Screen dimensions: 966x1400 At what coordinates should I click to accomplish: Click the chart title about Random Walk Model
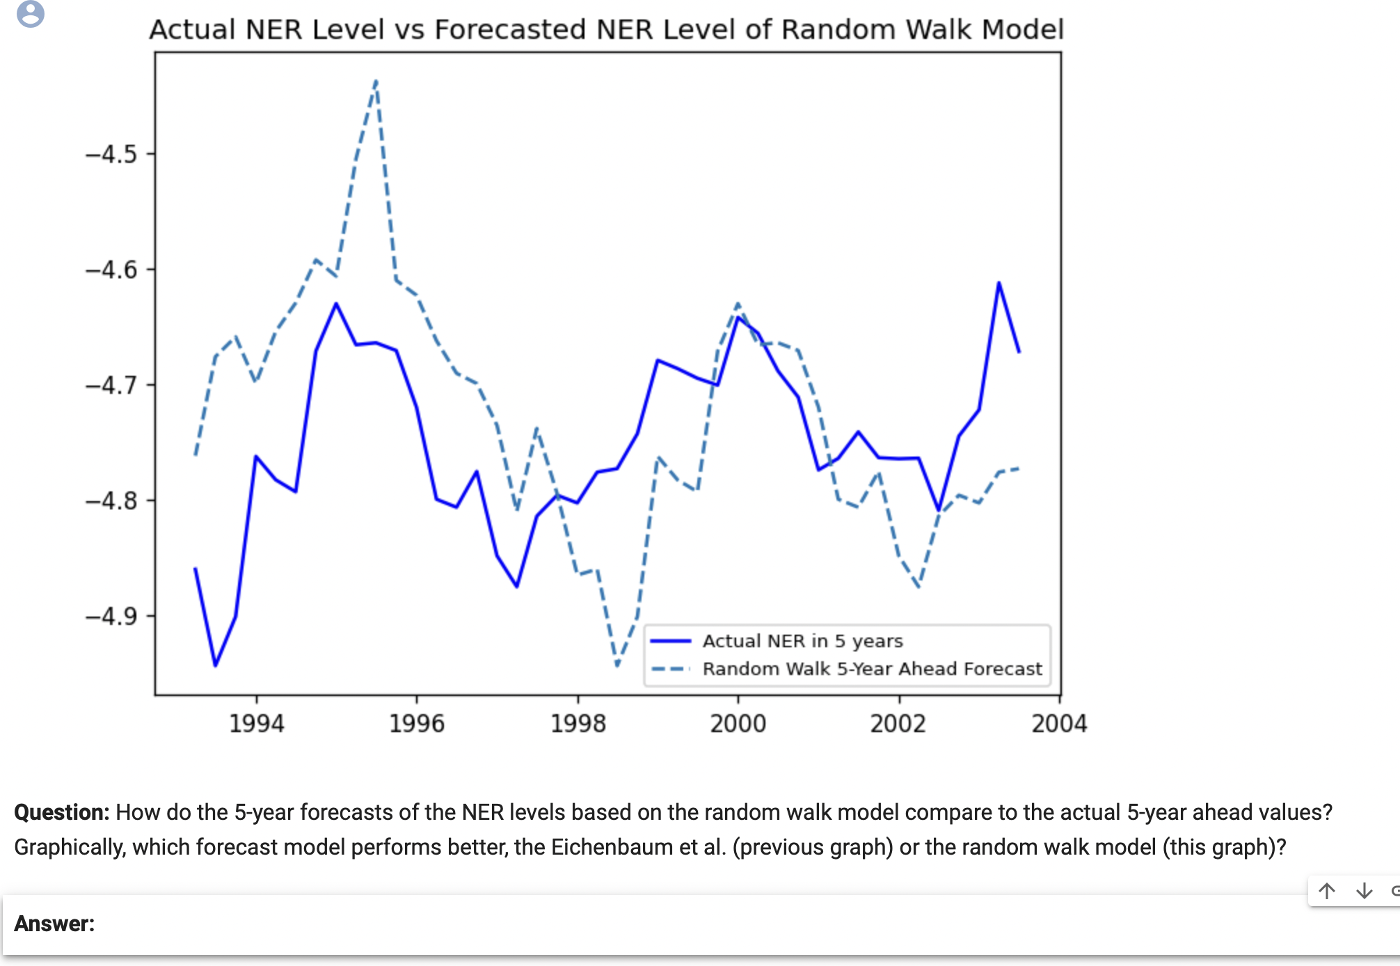point(606,30)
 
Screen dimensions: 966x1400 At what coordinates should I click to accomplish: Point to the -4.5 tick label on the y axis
point(111,155)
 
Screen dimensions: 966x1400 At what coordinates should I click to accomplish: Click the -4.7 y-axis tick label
point(111,386)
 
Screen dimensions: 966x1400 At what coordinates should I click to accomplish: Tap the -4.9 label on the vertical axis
point(111,617)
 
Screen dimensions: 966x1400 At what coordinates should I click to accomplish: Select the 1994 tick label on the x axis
point(257,724)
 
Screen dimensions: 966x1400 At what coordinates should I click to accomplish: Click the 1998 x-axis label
point(578,724)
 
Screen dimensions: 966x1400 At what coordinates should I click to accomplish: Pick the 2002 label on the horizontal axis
point(898,724)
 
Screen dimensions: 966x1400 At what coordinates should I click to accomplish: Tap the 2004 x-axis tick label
point(1059,724)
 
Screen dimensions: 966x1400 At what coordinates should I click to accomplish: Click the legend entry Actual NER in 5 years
point(802,641)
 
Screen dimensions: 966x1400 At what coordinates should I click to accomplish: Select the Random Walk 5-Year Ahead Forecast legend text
point(872,669)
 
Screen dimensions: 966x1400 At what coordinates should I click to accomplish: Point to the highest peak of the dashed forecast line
point(376,81)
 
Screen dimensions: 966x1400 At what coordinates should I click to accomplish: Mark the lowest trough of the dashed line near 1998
point(617,665)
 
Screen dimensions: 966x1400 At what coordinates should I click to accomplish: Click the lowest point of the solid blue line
point(215,665)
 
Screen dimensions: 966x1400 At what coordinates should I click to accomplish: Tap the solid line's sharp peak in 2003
point(999,283)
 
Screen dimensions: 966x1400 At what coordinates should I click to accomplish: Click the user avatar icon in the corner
point(30,13)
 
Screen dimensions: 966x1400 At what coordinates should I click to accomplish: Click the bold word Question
point(61,812)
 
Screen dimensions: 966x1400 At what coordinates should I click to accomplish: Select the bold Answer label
point(54,924)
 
